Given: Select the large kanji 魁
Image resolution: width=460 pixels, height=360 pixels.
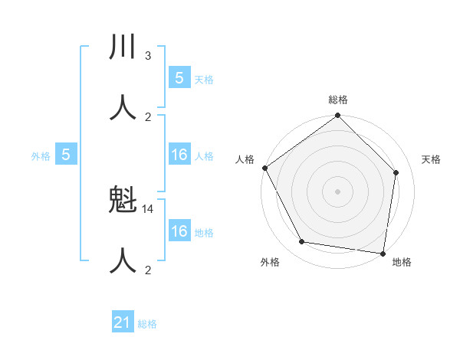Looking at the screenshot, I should tap(123, 201).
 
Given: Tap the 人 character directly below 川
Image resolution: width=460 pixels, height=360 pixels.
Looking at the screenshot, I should tap(123, 107).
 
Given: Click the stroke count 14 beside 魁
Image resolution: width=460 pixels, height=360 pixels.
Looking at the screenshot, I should tap(148, 208).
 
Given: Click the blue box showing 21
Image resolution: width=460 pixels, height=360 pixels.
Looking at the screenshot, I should tap(123, 322).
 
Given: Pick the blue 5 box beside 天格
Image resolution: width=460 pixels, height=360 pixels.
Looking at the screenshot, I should tap(179, 78).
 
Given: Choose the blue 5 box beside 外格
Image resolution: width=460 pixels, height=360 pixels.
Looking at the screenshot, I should tap(66, 155).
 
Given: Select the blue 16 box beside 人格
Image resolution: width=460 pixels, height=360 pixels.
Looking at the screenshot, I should tap(179, 155).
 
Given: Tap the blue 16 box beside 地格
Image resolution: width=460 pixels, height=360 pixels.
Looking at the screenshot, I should tap(179, 231).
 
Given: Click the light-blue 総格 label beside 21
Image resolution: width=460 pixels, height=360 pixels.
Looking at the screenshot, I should tap(147, 324).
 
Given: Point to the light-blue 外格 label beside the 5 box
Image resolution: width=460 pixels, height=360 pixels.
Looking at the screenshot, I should tap(41, 156).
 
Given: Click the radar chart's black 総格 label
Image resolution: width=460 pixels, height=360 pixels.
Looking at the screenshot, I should tap(338, 100).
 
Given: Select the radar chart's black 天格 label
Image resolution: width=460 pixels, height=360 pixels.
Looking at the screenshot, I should tap(432, 159).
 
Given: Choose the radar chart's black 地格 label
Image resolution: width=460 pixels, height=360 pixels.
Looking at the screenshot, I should tap(402, 262).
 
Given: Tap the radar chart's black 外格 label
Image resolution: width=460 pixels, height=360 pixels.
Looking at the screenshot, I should tap(270, 262).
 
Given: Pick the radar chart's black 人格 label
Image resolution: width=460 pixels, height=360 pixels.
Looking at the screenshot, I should tap(245, 159).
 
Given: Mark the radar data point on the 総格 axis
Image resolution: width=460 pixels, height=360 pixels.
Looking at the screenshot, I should tap(338, 116).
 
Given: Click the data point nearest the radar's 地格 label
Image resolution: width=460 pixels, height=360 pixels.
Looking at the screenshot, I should tap(383, 253).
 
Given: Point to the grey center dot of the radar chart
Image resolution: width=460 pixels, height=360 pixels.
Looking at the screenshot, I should tap(338, 191).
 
